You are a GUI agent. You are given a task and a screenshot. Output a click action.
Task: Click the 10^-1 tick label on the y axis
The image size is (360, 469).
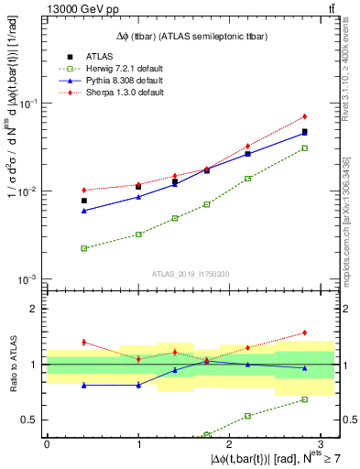(29, 104)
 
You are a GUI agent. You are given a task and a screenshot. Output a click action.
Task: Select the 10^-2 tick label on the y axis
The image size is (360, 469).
(29, 191)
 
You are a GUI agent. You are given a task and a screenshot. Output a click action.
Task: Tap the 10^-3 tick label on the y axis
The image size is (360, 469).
(29, 279)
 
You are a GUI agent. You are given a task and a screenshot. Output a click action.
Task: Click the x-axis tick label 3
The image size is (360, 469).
(322, 444)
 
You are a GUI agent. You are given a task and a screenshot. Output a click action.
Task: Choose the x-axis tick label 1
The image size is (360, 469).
(138, 444)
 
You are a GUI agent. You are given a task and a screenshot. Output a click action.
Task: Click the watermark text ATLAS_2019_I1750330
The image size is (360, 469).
(191, 273)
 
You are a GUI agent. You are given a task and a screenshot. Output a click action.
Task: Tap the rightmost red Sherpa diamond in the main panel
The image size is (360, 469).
(304, 116)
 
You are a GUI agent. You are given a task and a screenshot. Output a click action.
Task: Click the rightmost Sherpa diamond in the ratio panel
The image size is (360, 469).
(304, 333)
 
